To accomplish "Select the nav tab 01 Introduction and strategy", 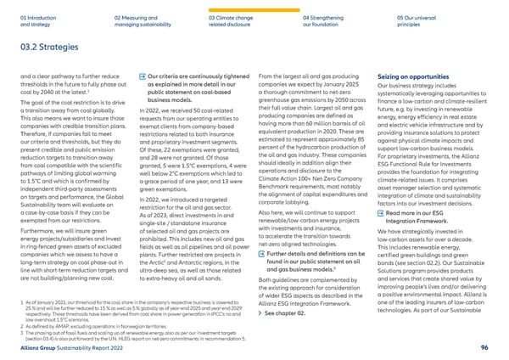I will tap(31, 20).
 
